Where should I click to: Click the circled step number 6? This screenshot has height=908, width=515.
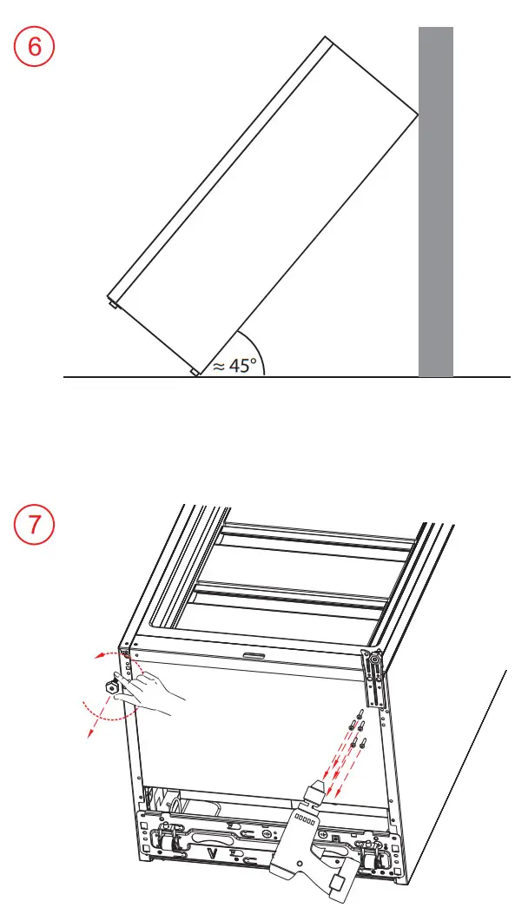tap(35, 47)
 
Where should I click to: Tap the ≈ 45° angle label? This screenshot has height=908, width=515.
tap(236, 365)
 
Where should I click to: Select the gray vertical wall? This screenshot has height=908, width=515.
tap(435, 202)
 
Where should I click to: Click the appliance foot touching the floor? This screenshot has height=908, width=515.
tap(195, 372)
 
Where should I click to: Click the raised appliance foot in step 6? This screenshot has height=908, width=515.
tap(114, 304)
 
